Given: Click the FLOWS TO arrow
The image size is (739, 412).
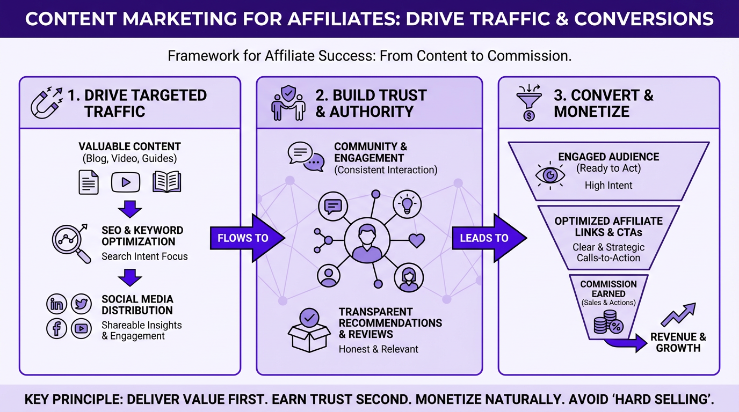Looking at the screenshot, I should click(244, 238).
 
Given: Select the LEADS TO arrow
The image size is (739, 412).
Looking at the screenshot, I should click(486, 238).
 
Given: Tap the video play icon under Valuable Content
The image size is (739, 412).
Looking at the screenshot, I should click(126, 182).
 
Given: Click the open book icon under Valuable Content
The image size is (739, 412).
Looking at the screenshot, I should click(167, 182).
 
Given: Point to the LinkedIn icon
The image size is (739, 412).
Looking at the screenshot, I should click(57, 304).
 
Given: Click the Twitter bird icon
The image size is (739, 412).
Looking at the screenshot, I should click(81, 304).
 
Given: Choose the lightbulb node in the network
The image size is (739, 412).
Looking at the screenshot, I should click(408, 203).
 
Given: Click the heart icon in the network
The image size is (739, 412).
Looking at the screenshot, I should click(417, 240).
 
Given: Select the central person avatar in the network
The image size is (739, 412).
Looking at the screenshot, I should click(367, 240).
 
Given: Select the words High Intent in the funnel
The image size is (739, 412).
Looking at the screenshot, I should click(608, 186).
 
